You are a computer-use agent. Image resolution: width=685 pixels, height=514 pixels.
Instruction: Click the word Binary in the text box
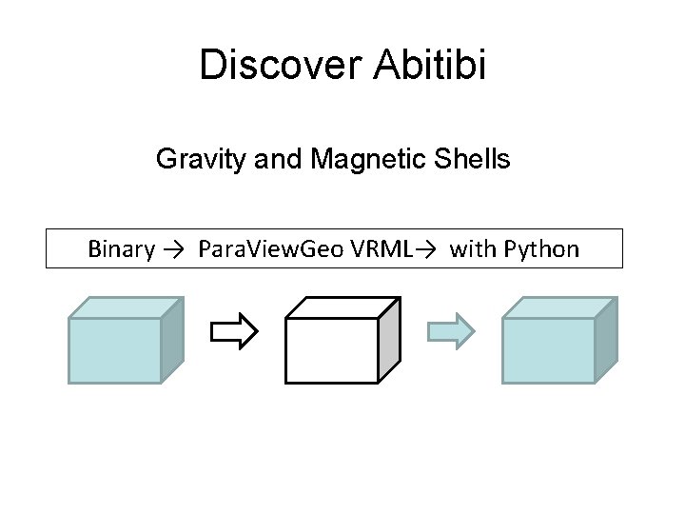[121, 249]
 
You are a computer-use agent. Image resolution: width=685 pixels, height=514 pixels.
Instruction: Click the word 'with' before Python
[471, 249]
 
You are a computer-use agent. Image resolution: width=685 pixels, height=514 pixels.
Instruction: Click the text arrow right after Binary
[173, 250]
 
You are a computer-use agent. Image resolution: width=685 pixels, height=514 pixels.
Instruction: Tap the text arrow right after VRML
[425, 250]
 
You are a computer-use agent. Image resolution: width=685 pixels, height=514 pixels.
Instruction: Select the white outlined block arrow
[233, 331]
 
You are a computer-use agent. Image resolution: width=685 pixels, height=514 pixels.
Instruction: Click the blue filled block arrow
[449, 331]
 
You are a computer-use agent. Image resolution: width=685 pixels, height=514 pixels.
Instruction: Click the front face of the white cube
[332, 349]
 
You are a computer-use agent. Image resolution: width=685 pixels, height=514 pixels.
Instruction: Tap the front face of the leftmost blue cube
[115, 349]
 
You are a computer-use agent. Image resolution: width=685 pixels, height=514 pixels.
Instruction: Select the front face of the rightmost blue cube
[549, 349]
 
